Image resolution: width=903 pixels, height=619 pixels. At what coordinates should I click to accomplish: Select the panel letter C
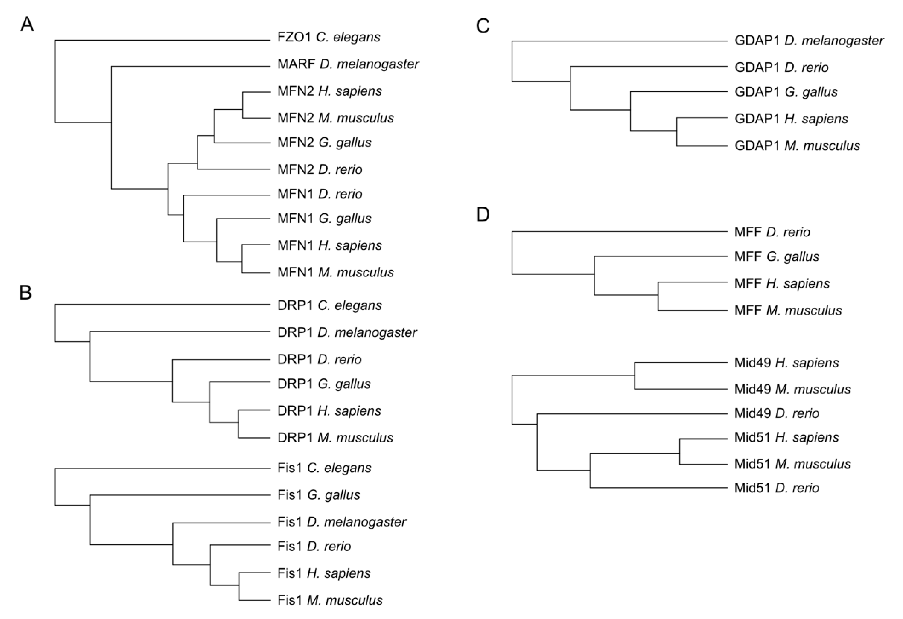coord(483,26)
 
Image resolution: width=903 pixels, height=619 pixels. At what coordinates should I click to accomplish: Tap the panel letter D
coord(483,214)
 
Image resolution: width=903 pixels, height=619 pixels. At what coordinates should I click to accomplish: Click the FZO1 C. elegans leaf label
coord(329,37)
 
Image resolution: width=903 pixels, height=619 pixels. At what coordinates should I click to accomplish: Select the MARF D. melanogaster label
coord(348,64)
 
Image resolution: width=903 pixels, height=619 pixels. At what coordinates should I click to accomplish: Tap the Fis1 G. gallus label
coord(319,495)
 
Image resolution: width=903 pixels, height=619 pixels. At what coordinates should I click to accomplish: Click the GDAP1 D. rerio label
coord(781,68)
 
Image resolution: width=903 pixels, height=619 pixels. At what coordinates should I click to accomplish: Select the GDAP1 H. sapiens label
coord(791,119)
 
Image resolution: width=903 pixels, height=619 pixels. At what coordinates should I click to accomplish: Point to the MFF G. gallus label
coord(777,257)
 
